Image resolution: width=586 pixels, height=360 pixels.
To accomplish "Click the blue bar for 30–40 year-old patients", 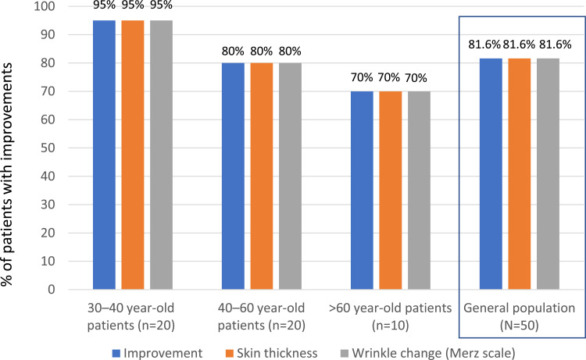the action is click(x=104, y=155).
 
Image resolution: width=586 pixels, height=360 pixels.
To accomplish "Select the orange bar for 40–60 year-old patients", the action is click(x=262, y=176).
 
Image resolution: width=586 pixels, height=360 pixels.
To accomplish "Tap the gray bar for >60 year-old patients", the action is click(x=419, y=191).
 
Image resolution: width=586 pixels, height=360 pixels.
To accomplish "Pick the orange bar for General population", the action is click(x=520, y=174).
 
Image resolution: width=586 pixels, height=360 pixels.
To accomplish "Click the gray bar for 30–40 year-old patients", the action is click(x=162, y=155).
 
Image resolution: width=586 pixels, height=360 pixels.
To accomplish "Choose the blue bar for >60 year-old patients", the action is click(x=362, y=191).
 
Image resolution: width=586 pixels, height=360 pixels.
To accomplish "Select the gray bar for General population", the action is click(x=548, y=174).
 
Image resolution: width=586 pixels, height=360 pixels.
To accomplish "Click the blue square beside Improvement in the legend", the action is click(x=116, y=353).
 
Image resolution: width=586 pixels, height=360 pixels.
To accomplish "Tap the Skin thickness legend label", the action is click(x=277, y=353).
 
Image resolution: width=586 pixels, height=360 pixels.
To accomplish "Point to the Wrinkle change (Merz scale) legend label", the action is click(x=434, y=353).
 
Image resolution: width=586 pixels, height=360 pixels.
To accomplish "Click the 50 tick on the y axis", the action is click(x=48, y=148).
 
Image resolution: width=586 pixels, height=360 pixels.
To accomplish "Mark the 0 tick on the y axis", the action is click(x=52, y=290).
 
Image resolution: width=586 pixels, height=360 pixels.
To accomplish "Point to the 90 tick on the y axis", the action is click(x=48, y=34).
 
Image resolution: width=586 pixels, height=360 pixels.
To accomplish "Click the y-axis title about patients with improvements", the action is click(x=7, y=175).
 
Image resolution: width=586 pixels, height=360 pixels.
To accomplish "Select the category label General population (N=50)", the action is click(x=519, y=317).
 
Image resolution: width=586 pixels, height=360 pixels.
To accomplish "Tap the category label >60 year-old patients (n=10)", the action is click(x=390, y=317).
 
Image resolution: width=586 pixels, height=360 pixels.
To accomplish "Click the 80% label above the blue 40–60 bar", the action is click(x=233, y=52).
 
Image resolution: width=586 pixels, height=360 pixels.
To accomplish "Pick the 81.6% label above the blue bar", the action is click(x=484, y=45).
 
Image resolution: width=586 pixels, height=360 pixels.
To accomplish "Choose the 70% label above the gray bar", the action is click(x=416, y=78).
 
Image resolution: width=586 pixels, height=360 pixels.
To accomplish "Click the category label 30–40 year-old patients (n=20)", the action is click(x=130, y=317).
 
